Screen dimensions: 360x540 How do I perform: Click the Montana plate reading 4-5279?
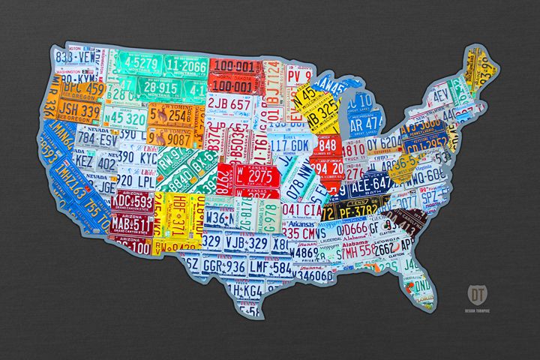point(136,61)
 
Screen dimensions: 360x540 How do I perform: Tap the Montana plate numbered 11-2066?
point(185,67)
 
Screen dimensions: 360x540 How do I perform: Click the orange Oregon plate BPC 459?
point(83,89)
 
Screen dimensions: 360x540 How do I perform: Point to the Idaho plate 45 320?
point(124,118)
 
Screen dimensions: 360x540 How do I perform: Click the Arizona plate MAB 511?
point(131,223)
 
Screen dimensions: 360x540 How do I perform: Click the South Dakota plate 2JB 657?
point(229,103)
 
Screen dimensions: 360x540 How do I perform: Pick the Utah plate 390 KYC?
point(137,157)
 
